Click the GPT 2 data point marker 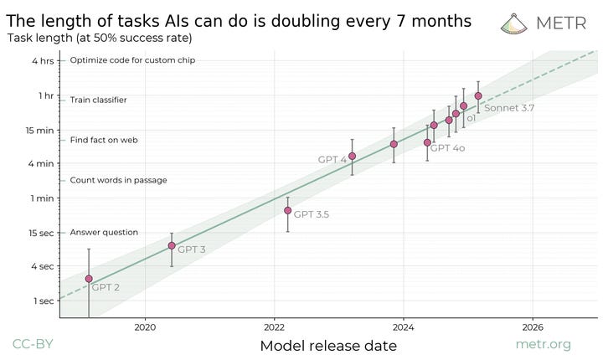[89, 279]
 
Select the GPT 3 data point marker [172, 245]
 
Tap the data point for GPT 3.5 [287, 210]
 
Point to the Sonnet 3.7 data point [478, 95]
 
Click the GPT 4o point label [448, 147]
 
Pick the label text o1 [472, 119]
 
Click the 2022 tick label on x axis [275, 327]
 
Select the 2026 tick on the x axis [533, 327]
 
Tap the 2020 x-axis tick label [146, 327]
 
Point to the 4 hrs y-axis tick [44, 60]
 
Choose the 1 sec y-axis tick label [43, 301]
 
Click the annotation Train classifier [98, 100]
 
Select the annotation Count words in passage [118, 180]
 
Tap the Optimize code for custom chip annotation [132, 60]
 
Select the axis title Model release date [328, 345]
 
